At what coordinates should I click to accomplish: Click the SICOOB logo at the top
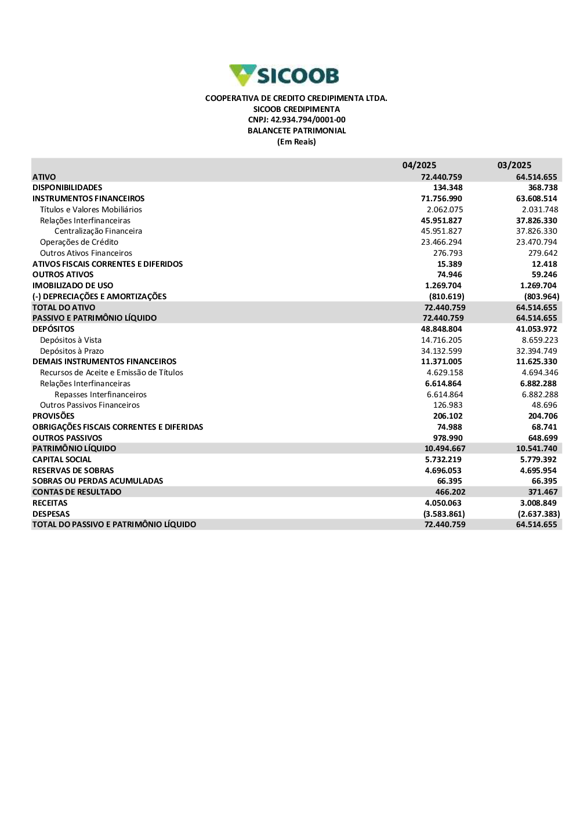point(284,75)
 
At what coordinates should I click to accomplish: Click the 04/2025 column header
point(419,165)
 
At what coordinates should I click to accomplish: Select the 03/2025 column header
point(514,165)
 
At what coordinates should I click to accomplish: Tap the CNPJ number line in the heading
point(296,120)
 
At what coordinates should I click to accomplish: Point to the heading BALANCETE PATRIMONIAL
point(296,130)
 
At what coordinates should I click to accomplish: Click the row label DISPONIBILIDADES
point(67,188)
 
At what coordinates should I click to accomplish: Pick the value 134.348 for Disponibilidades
point(448,188)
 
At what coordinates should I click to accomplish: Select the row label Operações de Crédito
point(79,242)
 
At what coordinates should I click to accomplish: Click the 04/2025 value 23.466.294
point(441,242)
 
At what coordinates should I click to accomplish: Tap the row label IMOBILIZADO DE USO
point(72,286)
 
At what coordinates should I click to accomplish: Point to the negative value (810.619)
point(447,296)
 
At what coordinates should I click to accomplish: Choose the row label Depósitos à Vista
point(71,340)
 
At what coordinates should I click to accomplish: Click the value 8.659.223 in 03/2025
point(539,340)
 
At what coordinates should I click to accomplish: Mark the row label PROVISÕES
point(53,416)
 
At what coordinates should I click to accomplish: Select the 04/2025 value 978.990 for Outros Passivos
point(448,438)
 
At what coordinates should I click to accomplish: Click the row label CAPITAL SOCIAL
point(62,460)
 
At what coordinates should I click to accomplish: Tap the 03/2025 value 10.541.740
point(536,449)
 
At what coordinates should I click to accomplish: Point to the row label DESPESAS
point(51,514)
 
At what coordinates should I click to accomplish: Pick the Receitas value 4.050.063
point(443,503)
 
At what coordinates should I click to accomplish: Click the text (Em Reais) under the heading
point(296,142)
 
